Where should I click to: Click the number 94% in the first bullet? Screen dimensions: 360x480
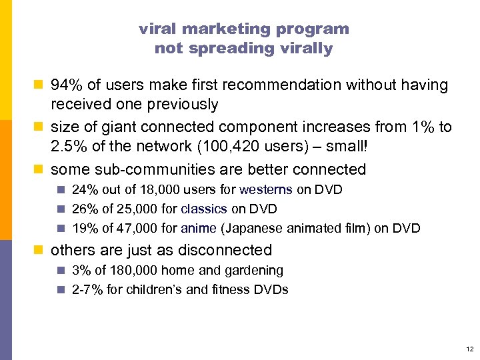[68, 85]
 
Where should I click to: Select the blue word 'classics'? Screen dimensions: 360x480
[204, 209]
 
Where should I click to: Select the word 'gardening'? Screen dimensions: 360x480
[256, 271]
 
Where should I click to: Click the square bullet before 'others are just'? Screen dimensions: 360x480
[41, 251]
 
